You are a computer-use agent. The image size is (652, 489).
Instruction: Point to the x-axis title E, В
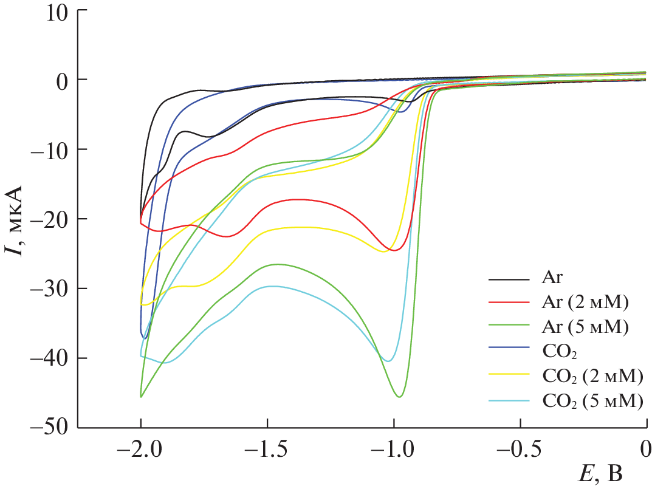click(601, 472)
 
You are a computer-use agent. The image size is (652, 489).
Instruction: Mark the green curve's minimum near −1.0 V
click(400, 397)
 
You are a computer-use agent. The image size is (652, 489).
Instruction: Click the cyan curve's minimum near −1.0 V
click(388, 361)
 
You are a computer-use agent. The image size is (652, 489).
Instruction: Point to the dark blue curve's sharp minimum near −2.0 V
click(145, 338)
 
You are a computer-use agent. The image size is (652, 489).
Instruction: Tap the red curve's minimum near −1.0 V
click(394, 250)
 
